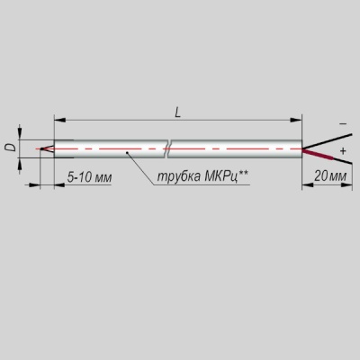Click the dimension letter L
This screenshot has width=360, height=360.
178,112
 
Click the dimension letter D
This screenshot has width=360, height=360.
11,148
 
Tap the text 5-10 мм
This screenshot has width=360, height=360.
89,177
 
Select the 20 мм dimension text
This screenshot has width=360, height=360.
330,176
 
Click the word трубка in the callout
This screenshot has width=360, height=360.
178,176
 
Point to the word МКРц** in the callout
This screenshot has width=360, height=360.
226,176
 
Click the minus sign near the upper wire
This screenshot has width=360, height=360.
344,123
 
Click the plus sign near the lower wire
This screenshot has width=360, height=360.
343,151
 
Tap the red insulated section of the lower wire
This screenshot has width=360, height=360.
318,155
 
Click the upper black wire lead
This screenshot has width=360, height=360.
327,141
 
